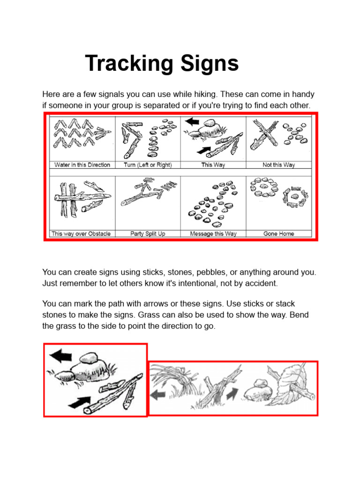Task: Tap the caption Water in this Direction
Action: (x=82, y=165)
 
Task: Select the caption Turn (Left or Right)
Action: (x=148, y=165)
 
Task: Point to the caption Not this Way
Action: (x=278, y=165)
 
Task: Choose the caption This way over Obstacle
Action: (x=82, y=233)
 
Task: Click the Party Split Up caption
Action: (x=148, y=233)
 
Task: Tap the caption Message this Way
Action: (x=213, y=233)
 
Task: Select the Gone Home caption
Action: (x=278, y=233)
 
